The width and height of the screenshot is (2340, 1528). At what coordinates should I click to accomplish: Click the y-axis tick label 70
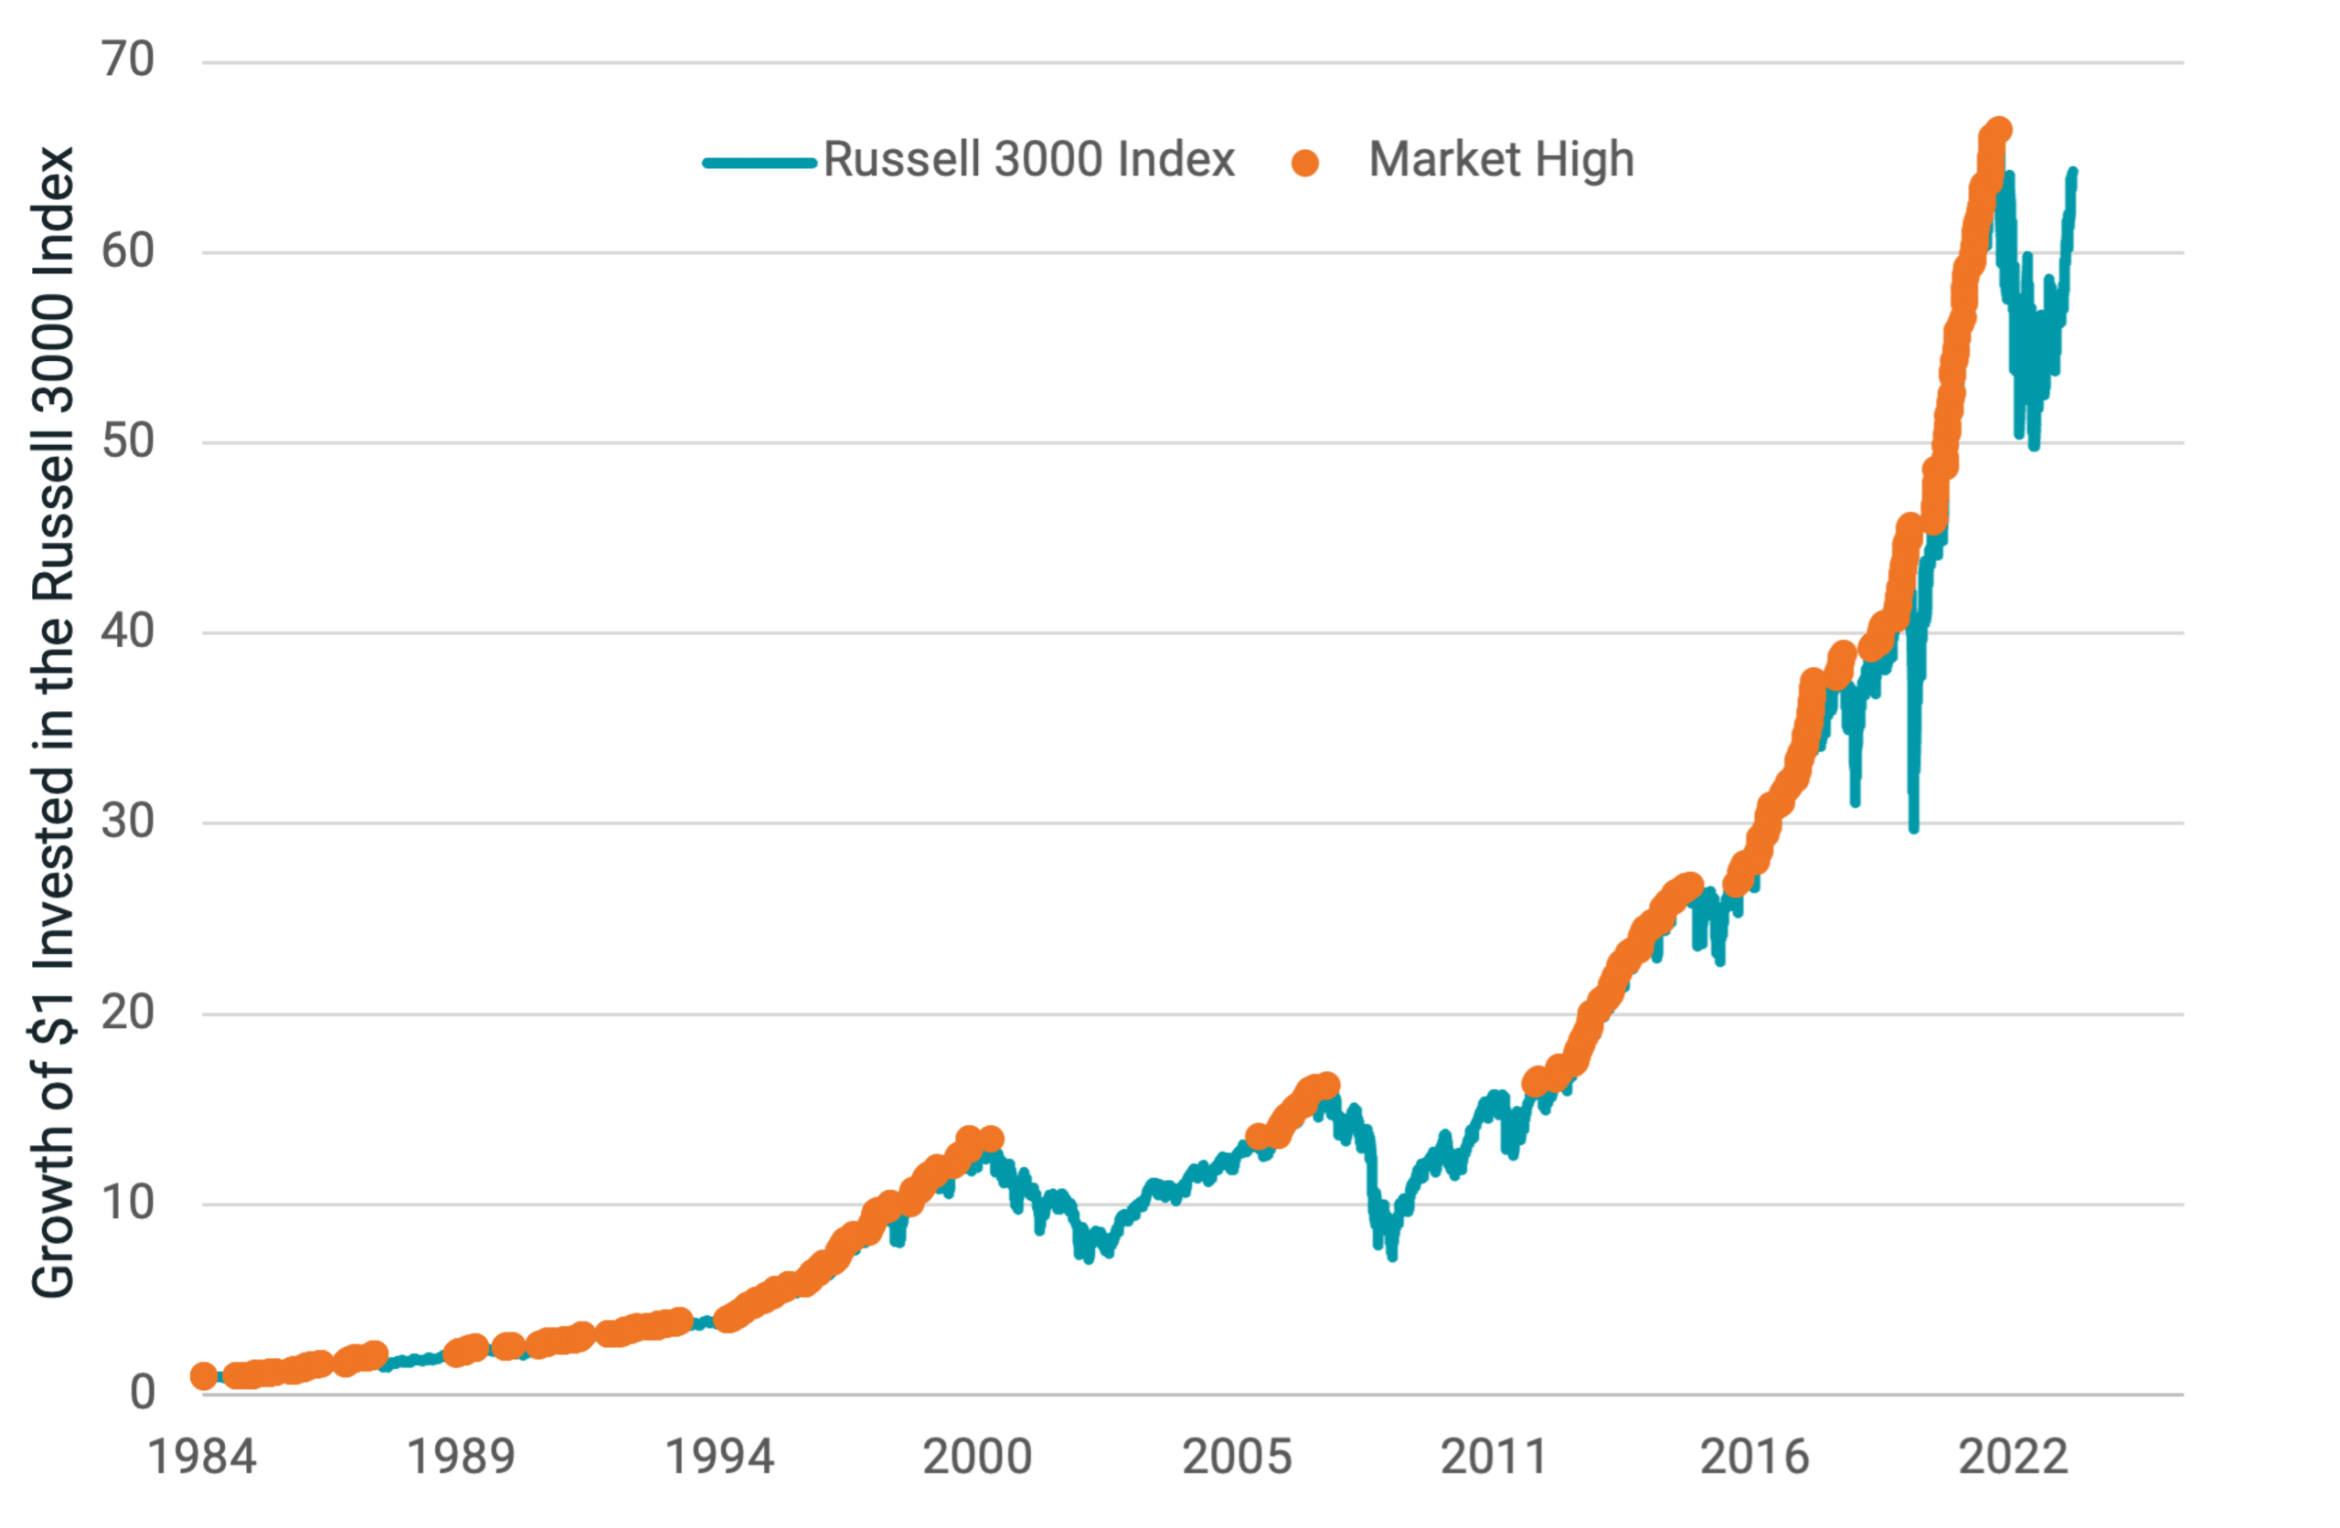point(128,61)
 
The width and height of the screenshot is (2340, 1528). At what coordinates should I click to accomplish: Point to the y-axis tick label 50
point(128,442)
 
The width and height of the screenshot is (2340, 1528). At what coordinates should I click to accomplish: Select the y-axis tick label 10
point(128,1204)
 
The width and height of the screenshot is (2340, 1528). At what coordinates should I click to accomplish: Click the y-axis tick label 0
point(143,1394)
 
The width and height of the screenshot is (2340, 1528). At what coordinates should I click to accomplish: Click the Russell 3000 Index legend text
point(1028,159)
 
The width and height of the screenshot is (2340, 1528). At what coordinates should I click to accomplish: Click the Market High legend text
point(1501,159)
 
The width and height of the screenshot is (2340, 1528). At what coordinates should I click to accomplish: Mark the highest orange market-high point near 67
point(1999,130)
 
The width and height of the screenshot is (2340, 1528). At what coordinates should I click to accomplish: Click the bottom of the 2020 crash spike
point(1913,829)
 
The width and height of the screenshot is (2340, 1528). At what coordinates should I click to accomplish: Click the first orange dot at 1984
point(203,1376)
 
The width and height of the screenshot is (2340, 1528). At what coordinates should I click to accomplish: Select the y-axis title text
point(52,723)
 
